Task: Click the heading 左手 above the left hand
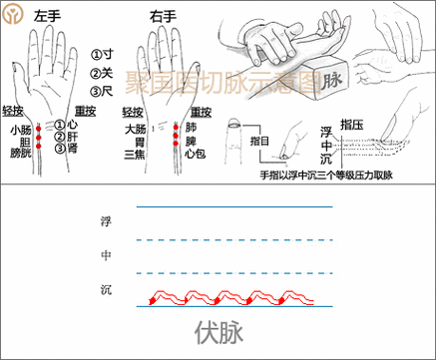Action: pyautogui.click(x=49, y=17)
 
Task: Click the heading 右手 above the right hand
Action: pyautogui.click(x=163, y=17)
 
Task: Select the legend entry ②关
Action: pyautogui.click(x=102, y=74)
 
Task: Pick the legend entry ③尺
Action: pyautogui.click(x=102, y=93)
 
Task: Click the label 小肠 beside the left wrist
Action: pyautogui.click(x=20, y=130)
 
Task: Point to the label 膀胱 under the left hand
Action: pyautogui.click(x=20, y=154)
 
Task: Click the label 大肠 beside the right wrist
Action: pyautogui.click(x=137, y=130)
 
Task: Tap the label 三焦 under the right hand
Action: pyautogui.click(x=137, y=154)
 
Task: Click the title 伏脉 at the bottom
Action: pyautogui.click(x=218, y=330)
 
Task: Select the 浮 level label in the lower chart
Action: pyautogui.click(x=108, y=219)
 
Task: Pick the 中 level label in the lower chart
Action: pyautogui.click(x=108, y=255)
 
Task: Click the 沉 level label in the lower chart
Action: pyautogui.click(x=108, y=289)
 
